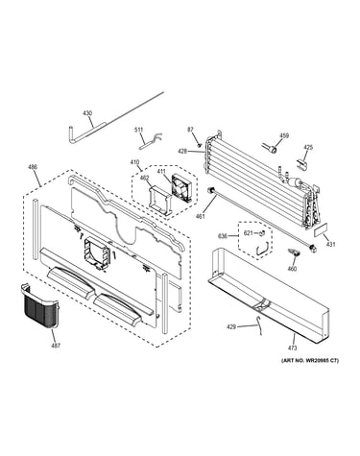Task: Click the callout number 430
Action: pyautogui.click(x=87, y=113)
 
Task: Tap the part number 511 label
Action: pyautogui.click(x=138, y=130)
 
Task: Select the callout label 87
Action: pyautogui.click(x=190, y=130)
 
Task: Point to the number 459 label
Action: pyautogui.click(x=284, y=135)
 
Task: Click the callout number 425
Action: pyautogui.click(x=308, y=148)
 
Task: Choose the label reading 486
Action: pyautogui.click(x=33, y=167)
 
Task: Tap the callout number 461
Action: pyautogui.click(x=200, y=217)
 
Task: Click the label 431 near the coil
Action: pyautogui.click(x=331, y=245)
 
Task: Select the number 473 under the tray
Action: pyautogui.click(x=293, y=348)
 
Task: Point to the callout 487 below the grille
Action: pyautogui.click(x=56, y=346)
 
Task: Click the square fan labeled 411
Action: pyautogui.click(x=180, y=185)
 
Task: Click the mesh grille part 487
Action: pyautogui.click(x=40, y=305)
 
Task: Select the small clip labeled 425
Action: pyautogui.click(x=300, y=163)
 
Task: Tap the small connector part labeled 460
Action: pyautogui.click(x=295, y=252)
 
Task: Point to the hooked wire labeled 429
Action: pyautogui.click(x=260, y=325)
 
